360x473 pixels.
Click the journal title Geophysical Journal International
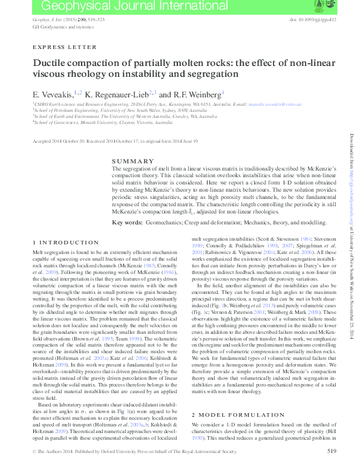click(x=97, y=7)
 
